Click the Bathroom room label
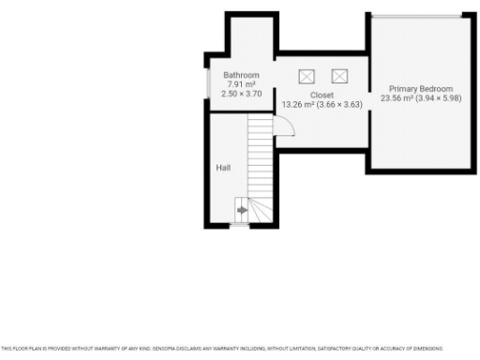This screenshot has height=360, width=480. point(241,75)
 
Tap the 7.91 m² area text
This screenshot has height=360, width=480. point(241,84)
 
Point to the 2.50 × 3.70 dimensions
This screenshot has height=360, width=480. point(241,94)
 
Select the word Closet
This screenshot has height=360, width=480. point(322,96)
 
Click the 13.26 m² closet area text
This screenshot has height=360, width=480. point(298,105)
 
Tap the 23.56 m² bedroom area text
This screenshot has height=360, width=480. point(397,97)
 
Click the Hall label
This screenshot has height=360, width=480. point(223,168)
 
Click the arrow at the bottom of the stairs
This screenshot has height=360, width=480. point(242,211)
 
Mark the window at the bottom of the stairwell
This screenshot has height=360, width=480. point(241,226)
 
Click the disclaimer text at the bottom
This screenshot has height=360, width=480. point(221,348)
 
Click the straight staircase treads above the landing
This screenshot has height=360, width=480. point(258,155)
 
